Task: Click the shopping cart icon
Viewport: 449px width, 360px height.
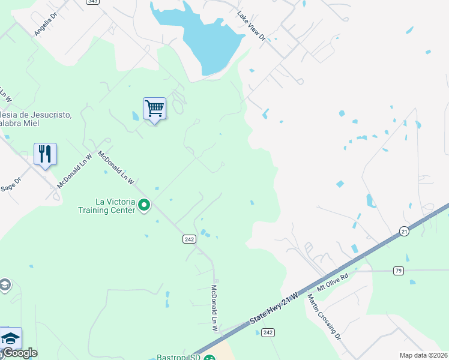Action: [154, 109]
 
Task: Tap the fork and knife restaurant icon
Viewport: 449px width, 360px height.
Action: [45, 154]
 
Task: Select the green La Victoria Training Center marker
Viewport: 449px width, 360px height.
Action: [144, 206]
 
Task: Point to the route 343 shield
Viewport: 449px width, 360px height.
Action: [92, 2]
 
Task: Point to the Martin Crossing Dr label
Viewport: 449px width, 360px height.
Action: [324, 317]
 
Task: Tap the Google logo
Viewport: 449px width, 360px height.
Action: [19, 353]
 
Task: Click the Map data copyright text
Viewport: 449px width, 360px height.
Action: [423, 355]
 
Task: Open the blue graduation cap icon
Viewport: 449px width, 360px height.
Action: [10, 338]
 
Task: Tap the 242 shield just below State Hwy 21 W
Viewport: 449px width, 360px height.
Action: [268, 332]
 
